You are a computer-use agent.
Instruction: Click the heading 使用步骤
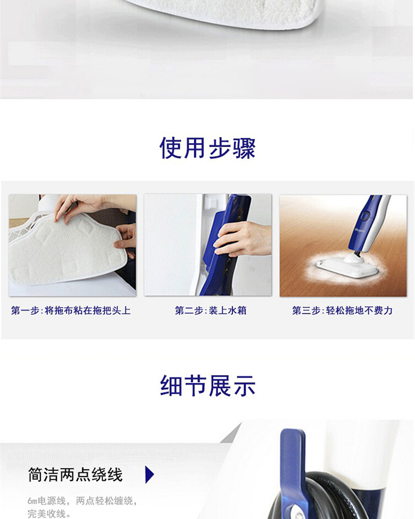pyautogui.click(x=207, y=148)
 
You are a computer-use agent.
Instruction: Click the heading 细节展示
pyautogui.click(x=207, y=386)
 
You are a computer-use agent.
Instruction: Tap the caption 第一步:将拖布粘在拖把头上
pyautogui.click(x=71, y=310)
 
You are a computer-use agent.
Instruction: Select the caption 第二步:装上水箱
pyautogui.click(x=210, y=310)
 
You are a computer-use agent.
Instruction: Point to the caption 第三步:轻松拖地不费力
pyautogui.click(x=342, y=310)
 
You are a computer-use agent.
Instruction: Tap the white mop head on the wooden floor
pyautogui.click(x=347, y=266)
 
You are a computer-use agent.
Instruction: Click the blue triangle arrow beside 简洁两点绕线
pyautogui.click(x=149, y=475)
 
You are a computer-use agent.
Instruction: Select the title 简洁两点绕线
pyautogui.click(x=75, y=475)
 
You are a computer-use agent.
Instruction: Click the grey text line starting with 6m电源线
pyautogui.click(x=82, y=501)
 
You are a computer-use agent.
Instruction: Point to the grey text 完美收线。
pyautogui.click(x=49, y=513)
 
